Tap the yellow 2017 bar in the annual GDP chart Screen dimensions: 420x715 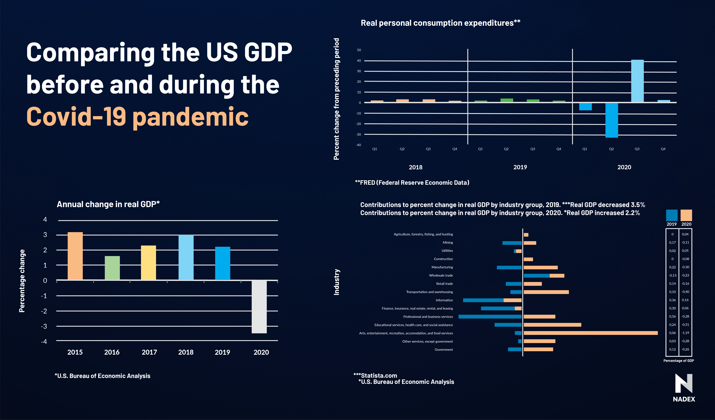[x=148, y=263]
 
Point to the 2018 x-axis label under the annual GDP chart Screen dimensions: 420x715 [x=186, y=352]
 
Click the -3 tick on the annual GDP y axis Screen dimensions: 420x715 [x=44, y=326]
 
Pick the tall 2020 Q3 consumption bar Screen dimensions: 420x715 [x=637, y=81]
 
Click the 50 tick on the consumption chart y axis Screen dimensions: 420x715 [x=359, y=50]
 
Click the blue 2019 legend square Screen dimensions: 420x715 [x=672, y=215]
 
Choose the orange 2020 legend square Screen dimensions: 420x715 [x=686, y=215]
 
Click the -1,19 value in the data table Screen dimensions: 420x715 [x=685, y=333]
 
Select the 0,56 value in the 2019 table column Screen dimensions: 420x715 [x=672, y=316]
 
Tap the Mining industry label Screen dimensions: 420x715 [x=448, y=242]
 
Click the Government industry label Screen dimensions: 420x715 [x=444, y=350]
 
